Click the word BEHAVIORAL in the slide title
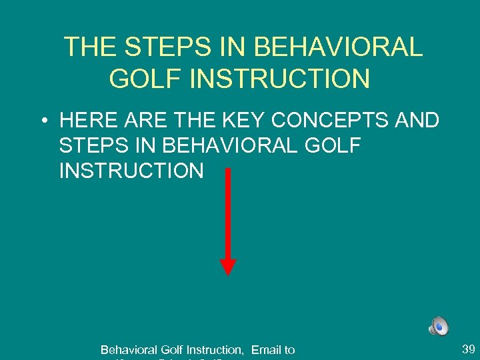[339, 47]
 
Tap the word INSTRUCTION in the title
[279, 79]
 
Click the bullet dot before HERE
[42, 122]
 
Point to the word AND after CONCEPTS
[419, 121]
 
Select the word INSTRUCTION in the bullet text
[131, 171]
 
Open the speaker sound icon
[439, 326]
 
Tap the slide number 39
[468, 349]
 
